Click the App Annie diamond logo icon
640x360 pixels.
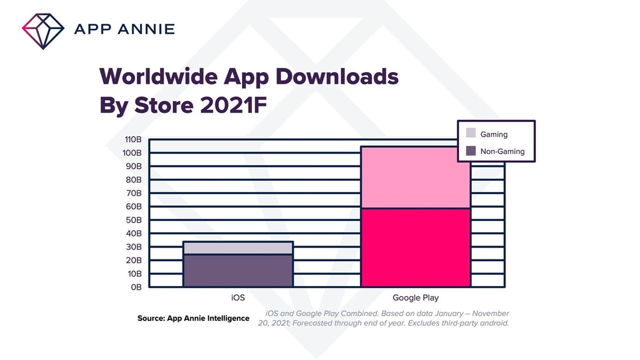click(42, 28)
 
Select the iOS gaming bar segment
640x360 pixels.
click(238, 248)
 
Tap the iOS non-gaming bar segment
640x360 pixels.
click(238, 270)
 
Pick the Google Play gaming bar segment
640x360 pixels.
click(415, 177)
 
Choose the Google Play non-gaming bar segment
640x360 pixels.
click(415, 247)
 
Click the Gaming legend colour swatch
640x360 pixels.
click(471, 134)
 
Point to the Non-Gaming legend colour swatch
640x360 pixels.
click(471, 151)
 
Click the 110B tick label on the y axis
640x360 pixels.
click(133, 140)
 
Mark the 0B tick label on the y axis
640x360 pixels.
click(137, 287)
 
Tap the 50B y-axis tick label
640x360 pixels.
click(134, 220)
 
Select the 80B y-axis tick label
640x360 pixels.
click(134, 180)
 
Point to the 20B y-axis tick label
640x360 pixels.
click(134, 260)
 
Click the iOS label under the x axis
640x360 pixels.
click(238, 298)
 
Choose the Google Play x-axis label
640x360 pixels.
click(415, 298)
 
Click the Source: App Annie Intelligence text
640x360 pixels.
click(193, 318)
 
